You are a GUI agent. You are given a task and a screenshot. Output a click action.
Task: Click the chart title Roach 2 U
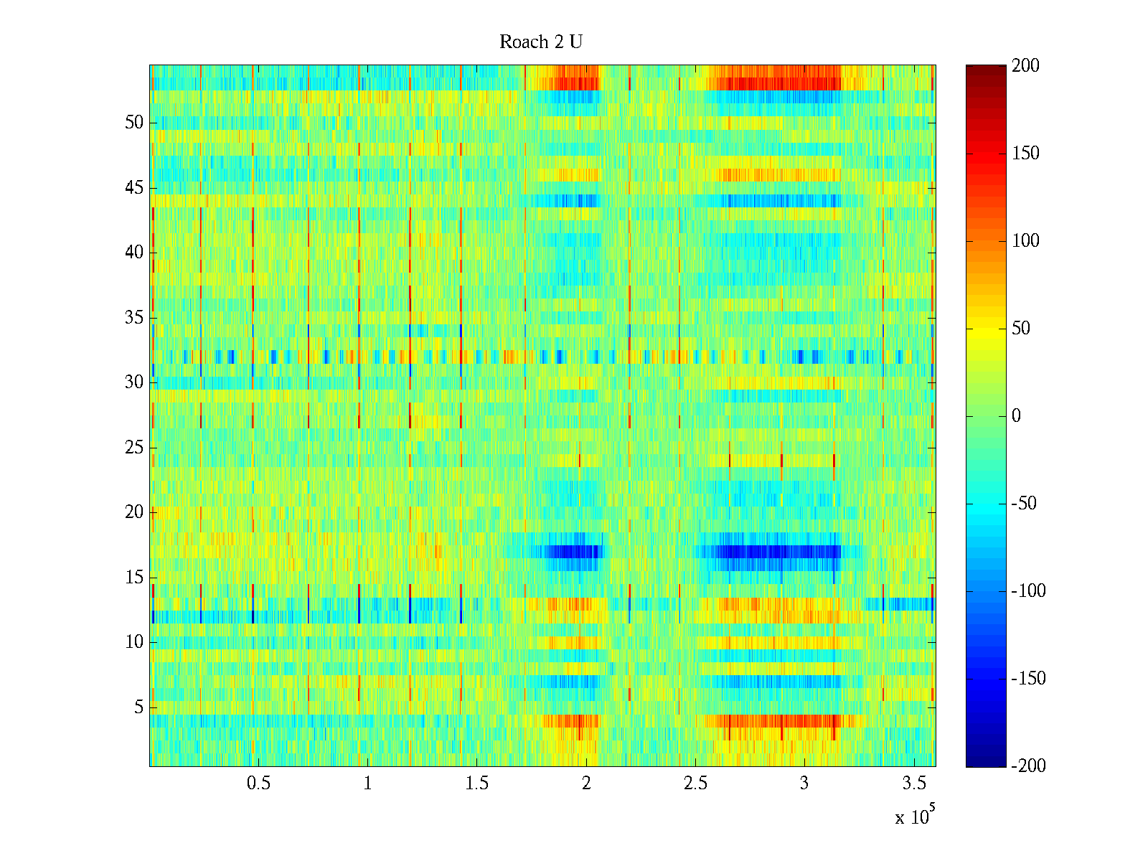point(540,42)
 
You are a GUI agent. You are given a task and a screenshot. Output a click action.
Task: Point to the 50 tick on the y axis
point(134,123)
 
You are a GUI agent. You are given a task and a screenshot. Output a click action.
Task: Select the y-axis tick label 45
point(134,188)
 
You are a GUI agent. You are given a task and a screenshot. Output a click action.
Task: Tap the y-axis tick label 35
point(134,318)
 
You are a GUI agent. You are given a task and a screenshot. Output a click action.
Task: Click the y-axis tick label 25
point(134,448)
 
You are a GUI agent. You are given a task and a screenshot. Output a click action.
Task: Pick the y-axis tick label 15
point(134,578)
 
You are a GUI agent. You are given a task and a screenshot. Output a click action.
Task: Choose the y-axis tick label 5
point(138,707)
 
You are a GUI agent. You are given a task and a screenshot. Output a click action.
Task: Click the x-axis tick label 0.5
point(258,784)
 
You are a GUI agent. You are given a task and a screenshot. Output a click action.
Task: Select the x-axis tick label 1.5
point(477,784)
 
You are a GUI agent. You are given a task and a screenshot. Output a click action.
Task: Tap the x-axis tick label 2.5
point(695,784)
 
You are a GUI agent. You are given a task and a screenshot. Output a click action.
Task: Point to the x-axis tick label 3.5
point(914,784)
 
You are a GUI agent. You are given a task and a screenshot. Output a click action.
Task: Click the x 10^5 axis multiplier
point(914,817)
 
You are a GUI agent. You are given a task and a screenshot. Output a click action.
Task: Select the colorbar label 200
point(1025,66)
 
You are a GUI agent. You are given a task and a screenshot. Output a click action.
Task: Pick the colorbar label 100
point(1025,241)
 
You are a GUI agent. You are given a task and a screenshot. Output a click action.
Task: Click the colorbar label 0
point(1016,416)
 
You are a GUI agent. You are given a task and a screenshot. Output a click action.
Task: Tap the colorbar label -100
point(1028,591)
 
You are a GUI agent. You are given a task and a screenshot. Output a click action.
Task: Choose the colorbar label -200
point(1028,766)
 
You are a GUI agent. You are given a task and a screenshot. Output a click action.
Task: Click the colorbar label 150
point(1025,154)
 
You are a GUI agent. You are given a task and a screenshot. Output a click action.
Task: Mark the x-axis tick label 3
point(804,784)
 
